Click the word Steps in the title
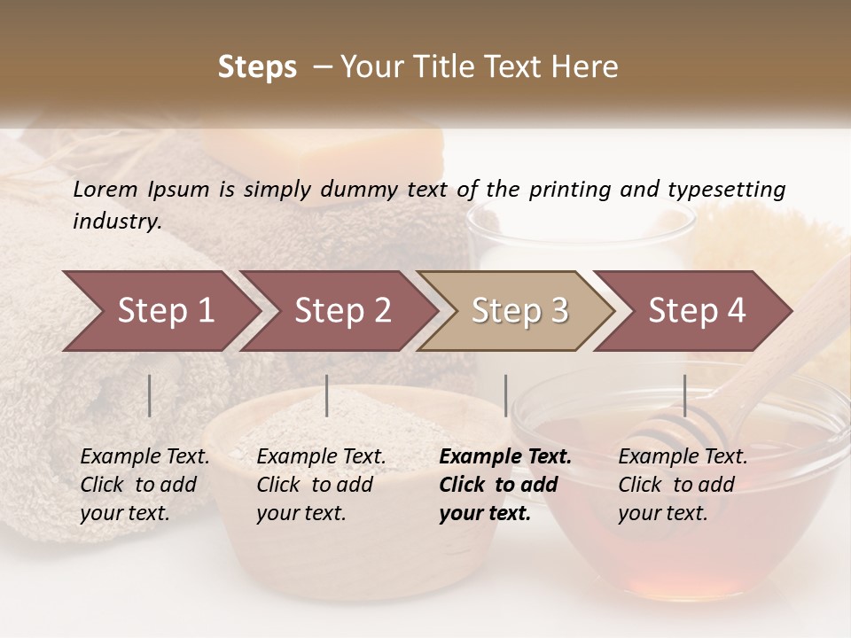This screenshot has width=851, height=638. tap(257, 67)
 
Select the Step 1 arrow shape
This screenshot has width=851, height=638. tap(160, 311)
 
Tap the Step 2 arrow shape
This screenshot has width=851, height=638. tap(338, 311)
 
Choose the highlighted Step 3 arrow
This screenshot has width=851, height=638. tap(515, 311)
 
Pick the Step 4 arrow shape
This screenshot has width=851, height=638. tap(692, 311)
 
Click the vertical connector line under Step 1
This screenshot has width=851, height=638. tap(149, 395)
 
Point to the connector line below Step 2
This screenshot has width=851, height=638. tap(327, 395)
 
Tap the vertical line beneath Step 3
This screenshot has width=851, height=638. tap(505, 395)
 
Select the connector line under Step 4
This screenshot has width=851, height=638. tap(684, 395)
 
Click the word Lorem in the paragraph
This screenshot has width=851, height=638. tap(105, 189)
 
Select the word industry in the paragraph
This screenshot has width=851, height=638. tap(116, 221)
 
